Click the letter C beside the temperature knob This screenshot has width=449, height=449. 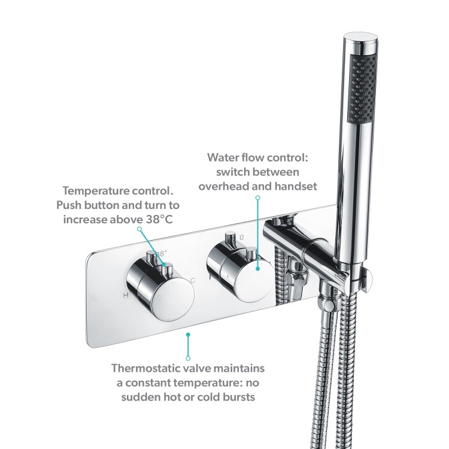(193, 280)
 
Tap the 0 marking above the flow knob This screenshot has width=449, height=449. (241, 237)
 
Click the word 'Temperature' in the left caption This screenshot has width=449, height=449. (95, 191)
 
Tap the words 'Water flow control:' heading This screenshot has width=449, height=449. (257, 157)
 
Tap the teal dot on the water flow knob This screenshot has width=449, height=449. (258, 268)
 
